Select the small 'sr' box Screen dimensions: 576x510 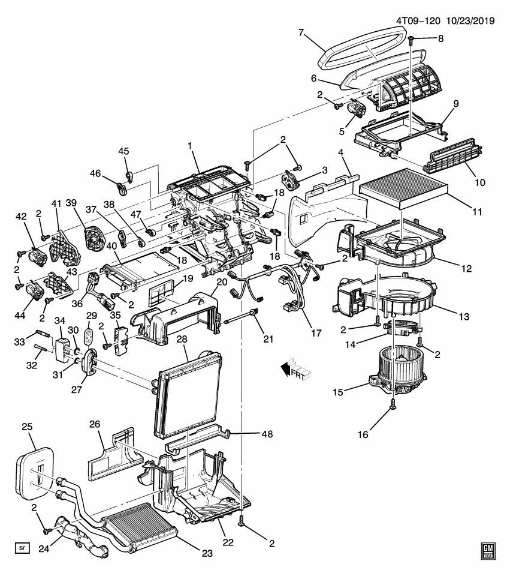click(23, 547)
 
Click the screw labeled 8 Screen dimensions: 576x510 click(412, 41)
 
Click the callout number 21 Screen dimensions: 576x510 click(268, 340)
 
